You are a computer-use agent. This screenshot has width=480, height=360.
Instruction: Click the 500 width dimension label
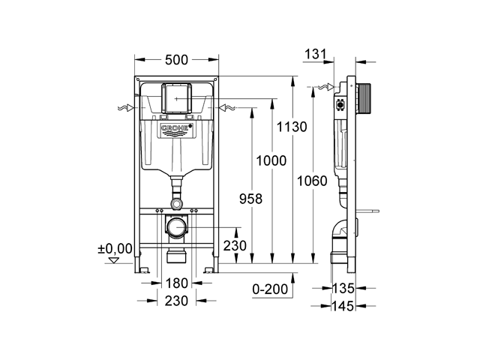click(x=176, y=60)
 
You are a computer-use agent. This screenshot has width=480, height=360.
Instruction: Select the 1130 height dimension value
click(x=292, y=127)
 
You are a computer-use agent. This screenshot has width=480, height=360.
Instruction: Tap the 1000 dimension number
click(x=271, y=160)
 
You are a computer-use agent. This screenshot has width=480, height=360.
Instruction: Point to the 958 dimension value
click(x=250, y=199)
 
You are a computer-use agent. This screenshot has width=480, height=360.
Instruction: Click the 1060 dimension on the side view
click(x=312, y=181)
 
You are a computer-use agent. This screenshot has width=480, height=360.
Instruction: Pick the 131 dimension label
click(x=315, y=54)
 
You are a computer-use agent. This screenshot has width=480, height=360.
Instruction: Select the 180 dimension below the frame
click(x=176, y=283)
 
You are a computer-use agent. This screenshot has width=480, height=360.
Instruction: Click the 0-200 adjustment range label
click(x=270, y=289)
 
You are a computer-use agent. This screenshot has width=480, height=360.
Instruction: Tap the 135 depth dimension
click(x=343, y=288)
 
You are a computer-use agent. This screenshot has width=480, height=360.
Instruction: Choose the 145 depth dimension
click(x=343, y=306)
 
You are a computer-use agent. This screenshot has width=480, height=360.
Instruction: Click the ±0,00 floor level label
click(x=115, y=249)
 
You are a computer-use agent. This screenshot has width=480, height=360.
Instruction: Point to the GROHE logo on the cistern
click(x=177, y=130)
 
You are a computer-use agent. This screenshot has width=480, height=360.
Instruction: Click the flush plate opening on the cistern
click(x=177, y=98)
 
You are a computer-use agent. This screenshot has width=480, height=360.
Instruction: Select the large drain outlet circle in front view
click(x=177, y=228)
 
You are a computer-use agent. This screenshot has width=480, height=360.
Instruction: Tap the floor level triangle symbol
click(x=114, y=260)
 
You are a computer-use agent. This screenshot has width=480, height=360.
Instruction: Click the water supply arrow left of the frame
click(x=125, y=108)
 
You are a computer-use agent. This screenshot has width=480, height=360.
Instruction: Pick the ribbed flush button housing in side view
click(x=363, y=99)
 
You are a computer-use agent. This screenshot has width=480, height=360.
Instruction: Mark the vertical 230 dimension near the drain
click(x=235, y=246)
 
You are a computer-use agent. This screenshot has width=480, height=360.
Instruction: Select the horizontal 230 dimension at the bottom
click(x=176, y=301)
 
